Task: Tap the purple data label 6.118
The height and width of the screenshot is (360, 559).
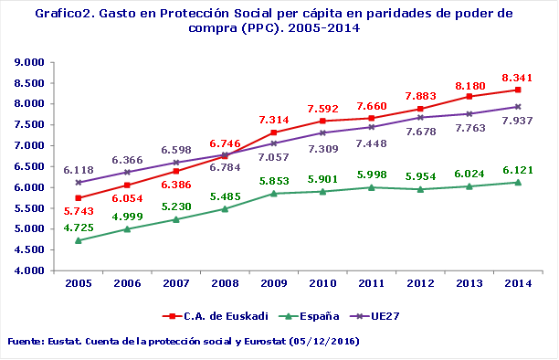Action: pos(79,170)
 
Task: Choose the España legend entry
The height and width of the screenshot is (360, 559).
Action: pos(311,315)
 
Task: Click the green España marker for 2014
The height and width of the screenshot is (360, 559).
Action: pos(518,183)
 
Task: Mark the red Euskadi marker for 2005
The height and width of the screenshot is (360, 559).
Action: pos(79,198)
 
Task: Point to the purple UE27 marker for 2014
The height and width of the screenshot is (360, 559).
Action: pos(518,107)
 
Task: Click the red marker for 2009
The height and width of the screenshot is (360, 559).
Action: pos(274,132)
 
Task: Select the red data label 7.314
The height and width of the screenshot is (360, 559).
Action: pos(274,120)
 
